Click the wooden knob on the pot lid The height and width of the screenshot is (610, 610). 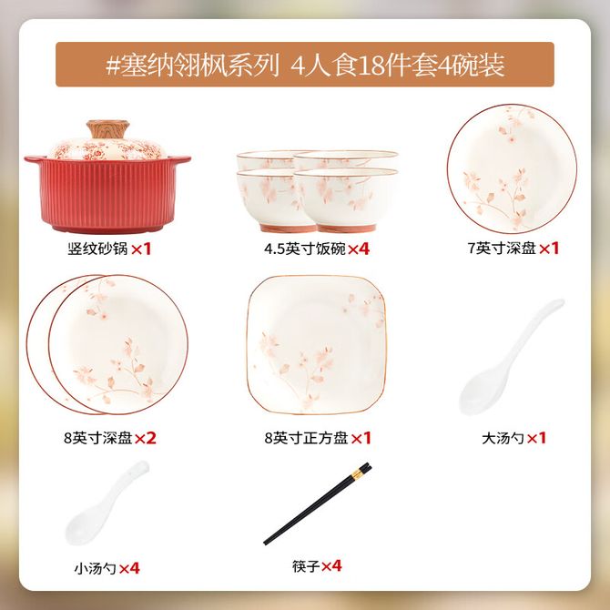coord(107,129)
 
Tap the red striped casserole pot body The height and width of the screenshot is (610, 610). coord(107,195)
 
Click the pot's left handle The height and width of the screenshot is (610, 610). coord(32,159)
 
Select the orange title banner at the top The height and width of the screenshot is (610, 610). coord(305,65)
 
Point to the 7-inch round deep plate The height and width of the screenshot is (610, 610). coord(512,168)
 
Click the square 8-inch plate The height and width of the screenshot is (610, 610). coord(317,345)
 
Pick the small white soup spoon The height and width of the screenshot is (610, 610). coord(106,503)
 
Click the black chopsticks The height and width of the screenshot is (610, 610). coord(318,503)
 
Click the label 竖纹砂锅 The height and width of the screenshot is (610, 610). coord(97,249)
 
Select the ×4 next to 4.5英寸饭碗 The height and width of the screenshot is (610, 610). coord(359,249)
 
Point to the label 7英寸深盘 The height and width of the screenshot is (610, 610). coord(502,249)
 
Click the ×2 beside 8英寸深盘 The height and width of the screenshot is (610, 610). coord(145,439)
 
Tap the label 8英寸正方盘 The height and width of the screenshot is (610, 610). coord(306,438)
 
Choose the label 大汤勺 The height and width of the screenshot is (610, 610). coord(503,439)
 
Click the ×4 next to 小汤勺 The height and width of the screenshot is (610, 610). coord(129,568)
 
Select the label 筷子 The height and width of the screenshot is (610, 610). coord(306,566)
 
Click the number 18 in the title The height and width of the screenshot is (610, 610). coord(369,66)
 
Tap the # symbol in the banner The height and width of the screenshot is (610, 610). coord(112,66)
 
